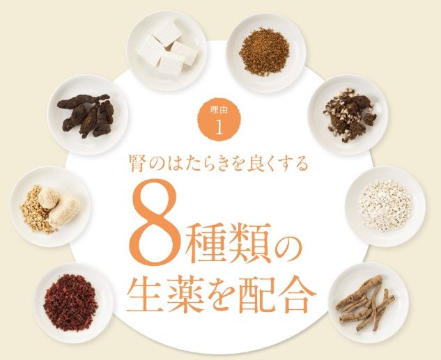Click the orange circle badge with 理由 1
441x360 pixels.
(219, 119)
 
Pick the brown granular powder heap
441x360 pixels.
(264, 52)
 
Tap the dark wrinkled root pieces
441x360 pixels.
(86, 114)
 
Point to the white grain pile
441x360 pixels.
(385, 206)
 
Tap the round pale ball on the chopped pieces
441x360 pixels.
(49, 198)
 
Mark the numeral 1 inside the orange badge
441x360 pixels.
(219, 127)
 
